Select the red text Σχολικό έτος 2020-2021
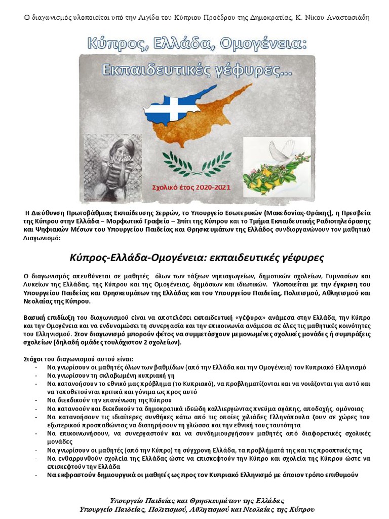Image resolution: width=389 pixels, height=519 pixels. coord(191,187)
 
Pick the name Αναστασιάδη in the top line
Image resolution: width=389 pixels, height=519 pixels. coord(345,18)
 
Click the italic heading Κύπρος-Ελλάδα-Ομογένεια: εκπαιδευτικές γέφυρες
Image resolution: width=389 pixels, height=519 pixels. coord(196,257)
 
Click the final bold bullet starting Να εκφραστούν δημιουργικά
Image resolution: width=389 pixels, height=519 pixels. coord(203,475)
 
